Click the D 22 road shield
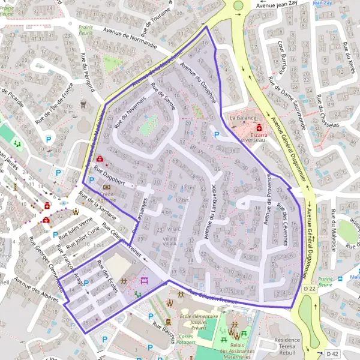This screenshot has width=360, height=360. tap(308, 289)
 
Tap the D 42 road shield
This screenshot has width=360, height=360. tap(333, 352)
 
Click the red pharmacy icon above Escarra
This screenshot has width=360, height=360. tap(259, 128)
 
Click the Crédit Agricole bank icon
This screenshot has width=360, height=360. tap(107, 187)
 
